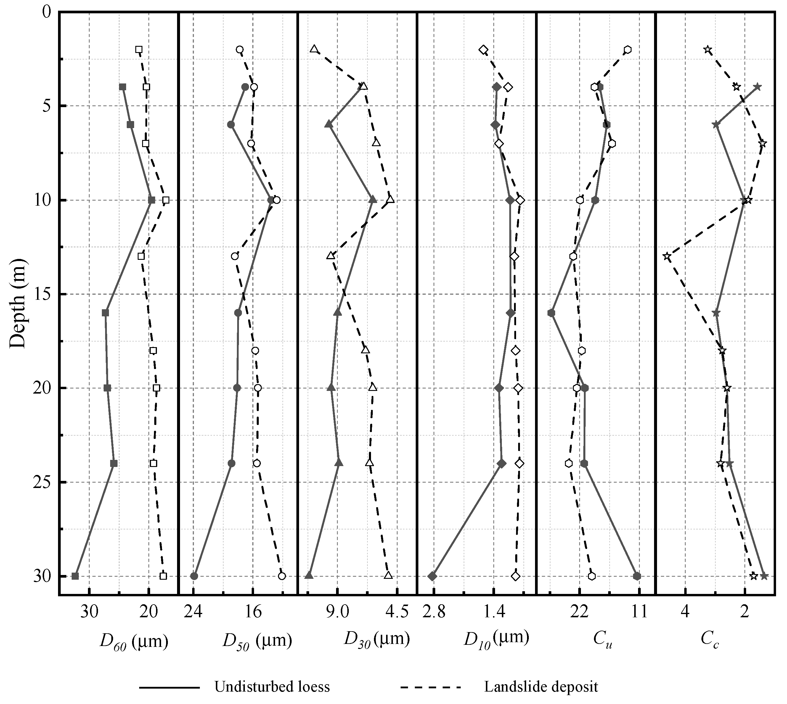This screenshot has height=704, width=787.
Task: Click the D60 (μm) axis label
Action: click(x=134, y=642)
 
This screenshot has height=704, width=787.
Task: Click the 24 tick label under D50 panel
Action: click(x=193, y=612)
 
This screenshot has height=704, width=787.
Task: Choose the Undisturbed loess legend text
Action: click(x=272, y=687)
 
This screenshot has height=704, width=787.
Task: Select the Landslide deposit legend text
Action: click(x=541, y=687)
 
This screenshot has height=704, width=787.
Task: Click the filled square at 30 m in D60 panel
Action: click(x=75, y=576)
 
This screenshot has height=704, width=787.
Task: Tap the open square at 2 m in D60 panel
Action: click(x=139, y=49)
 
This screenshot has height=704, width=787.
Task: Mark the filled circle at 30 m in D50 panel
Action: click(x=194, y=576)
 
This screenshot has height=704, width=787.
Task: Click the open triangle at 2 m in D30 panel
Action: click(x=314, y=49)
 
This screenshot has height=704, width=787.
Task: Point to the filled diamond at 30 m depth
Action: click(x=433, y=576)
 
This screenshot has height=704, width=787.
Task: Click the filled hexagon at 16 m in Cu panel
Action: click(x=551, y=313)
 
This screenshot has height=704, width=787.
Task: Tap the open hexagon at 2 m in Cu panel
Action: click(x=628, y=49)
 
